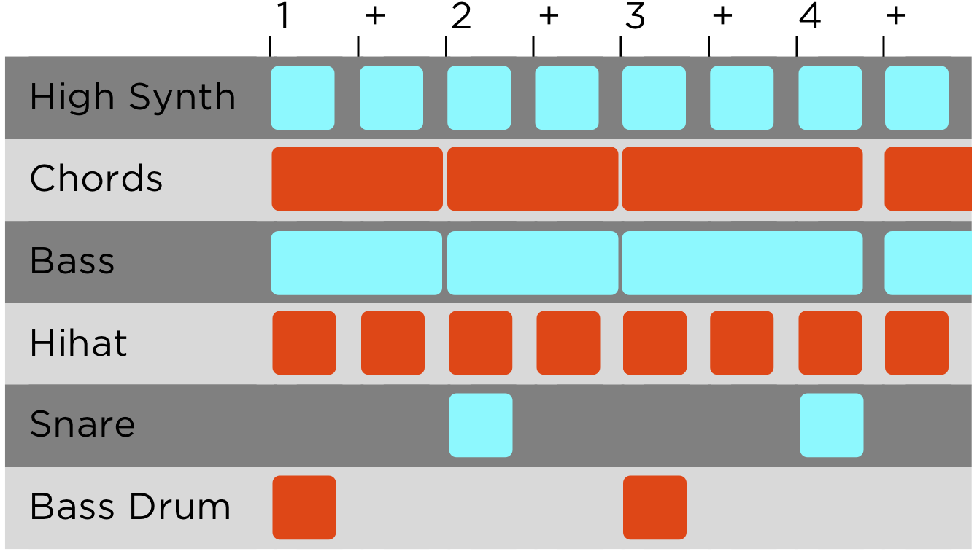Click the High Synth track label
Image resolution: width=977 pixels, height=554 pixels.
132,98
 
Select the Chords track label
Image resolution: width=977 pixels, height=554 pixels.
96,179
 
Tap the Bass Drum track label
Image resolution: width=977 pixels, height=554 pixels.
130,507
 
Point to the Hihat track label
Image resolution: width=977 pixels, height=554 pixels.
78,343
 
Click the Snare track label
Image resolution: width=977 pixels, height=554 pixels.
82,425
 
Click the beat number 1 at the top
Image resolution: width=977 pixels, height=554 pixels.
282,17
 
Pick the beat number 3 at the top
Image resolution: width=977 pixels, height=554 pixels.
635,17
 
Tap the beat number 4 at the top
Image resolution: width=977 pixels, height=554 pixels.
809,17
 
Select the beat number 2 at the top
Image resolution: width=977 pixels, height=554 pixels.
460,17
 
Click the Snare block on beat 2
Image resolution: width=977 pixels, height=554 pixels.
480,425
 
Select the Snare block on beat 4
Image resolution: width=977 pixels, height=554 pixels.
831,425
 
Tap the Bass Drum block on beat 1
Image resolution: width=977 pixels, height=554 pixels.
304,507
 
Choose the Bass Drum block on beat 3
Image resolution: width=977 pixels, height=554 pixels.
654,507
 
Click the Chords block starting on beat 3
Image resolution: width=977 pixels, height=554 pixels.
742,179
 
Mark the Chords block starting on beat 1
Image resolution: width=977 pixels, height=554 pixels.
357,179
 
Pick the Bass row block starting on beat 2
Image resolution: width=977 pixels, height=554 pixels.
533,262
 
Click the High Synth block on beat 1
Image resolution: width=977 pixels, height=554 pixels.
303,98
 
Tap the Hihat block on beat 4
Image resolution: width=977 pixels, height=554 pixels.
830,343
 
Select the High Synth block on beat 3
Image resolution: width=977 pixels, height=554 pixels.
654,98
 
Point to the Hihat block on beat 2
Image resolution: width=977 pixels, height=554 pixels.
480,343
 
